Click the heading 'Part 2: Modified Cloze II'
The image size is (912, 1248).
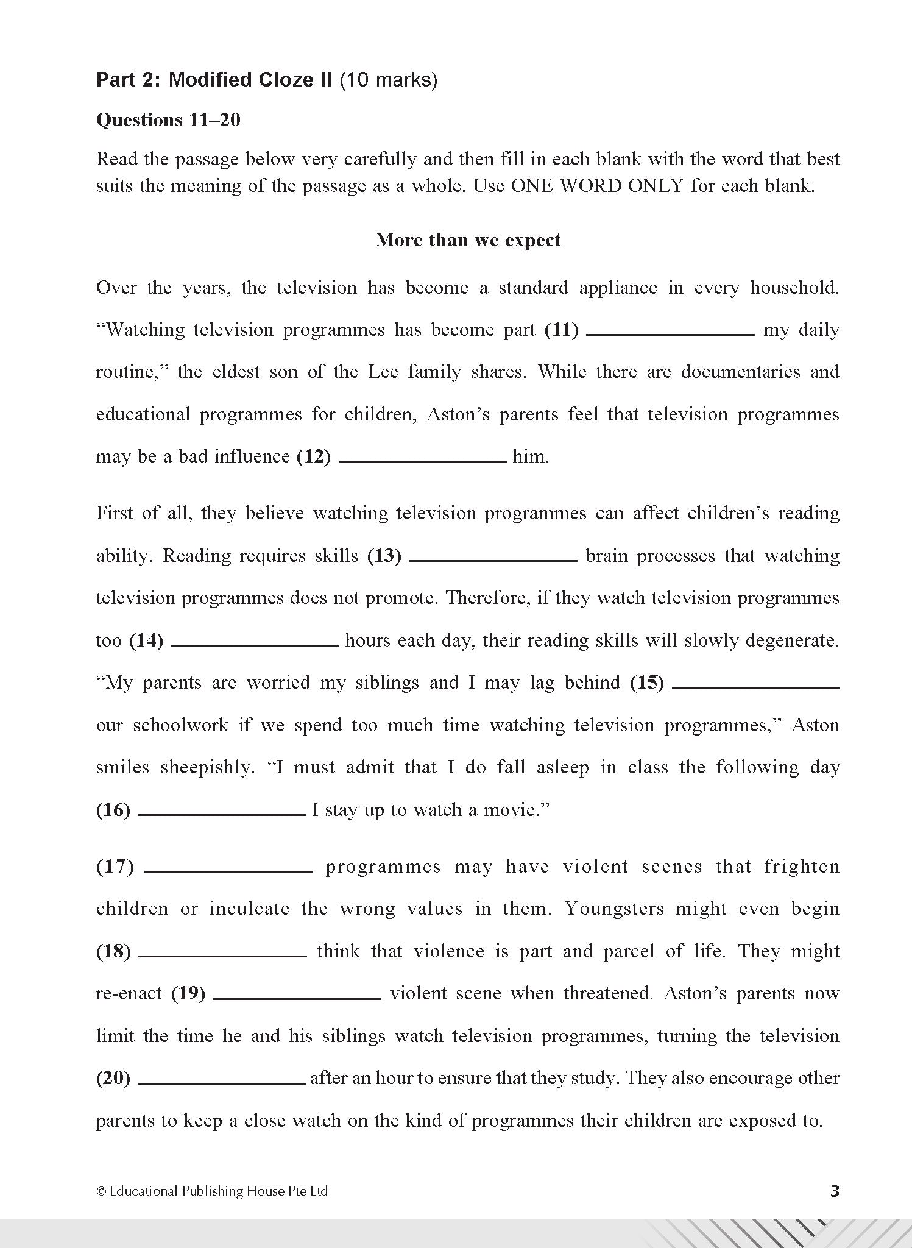coord(214,80)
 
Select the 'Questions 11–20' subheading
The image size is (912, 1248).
coord(168,120)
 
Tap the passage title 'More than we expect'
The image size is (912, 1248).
coord(467,239)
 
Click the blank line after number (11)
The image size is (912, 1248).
coord(670,333)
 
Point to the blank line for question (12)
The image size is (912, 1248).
coord(422,460)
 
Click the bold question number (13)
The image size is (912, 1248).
coord(384,556)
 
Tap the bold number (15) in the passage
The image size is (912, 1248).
coord(646,683)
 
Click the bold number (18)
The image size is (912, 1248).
coord(114,952)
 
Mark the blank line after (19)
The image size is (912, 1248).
coord(297,997)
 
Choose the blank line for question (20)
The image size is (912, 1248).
coord(222,1082)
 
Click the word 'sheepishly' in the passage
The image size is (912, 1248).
coord(207,768)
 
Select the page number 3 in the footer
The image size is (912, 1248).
coord(835,1191)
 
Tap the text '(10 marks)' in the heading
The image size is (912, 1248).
coord(388,80)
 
